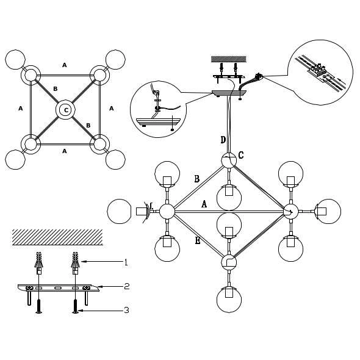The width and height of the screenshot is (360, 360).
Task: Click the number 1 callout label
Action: pos(126,262)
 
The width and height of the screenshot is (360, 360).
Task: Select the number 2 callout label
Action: pos(126,286)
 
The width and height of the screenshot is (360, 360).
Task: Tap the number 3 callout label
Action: pos(126,311)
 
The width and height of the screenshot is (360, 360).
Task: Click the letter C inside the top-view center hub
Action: pos(66,110)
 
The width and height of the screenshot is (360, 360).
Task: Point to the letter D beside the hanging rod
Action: pos(223,140)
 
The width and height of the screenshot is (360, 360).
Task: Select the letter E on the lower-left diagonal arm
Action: pos(198,240)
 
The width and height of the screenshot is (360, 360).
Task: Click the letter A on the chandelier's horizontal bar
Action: pos(204,204)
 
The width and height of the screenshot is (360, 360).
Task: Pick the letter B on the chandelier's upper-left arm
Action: pos(197,179)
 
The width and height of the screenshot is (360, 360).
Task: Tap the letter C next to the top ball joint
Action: pos(240,155)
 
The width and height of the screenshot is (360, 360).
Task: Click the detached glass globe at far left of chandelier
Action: pos(119,211)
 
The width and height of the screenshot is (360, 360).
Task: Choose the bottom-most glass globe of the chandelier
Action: pos(229,300)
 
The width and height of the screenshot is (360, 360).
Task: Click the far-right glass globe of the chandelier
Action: pos(329,211)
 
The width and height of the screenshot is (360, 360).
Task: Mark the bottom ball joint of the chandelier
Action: pos(229,262)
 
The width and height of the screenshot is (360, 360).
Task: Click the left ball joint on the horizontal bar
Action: pos(167,211)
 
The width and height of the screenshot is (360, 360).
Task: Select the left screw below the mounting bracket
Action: pos(39,306)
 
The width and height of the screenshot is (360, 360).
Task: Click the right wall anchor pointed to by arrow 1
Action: pos(76,263)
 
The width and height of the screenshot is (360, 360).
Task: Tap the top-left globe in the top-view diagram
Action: pos(15,59)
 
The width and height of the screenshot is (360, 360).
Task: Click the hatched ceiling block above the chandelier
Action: pos(229,59)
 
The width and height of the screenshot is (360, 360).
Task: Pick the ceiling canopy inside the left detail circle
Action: pos(158,122)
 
